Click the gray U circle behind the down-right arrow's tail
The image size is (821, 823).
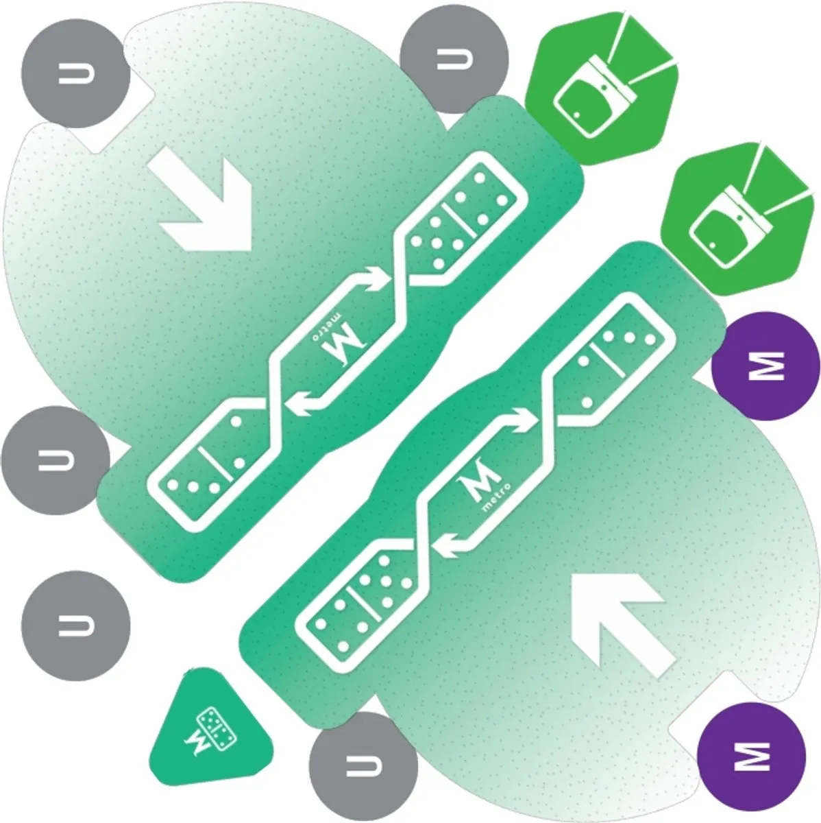(75, 73)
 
